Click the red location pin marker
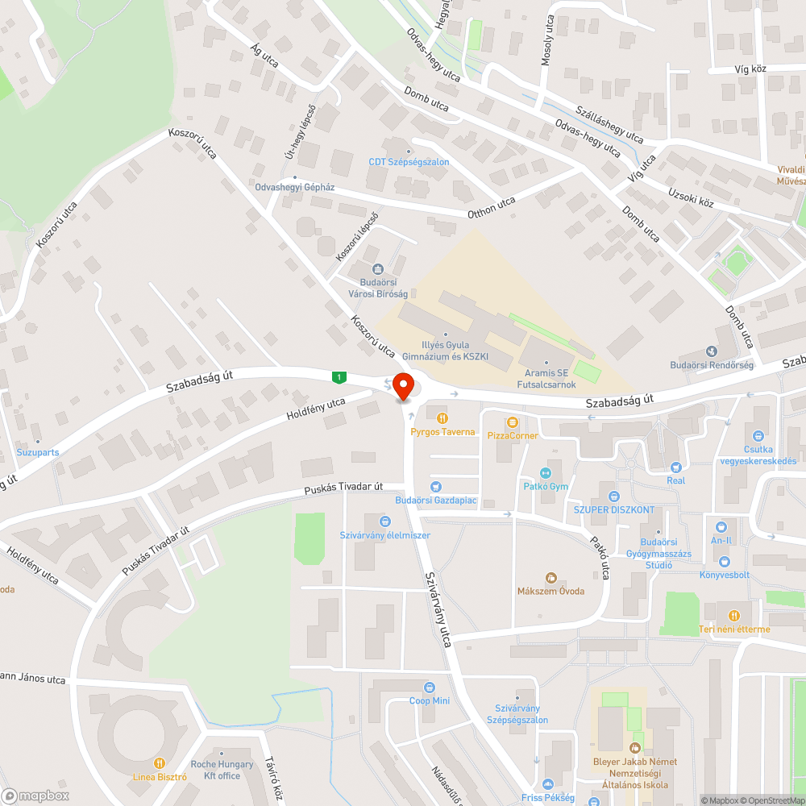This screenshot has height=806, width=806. (x=403, y=386)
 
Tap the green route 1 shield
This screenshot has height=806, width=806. (x=341, y=376)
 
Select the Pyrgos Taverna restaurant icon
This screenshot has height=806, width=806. (x=442, y=418)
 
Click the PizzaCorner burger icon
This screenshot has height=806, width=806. (x=512, y=422)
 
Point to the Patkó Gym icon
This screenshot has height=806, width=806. (x=546, y=473)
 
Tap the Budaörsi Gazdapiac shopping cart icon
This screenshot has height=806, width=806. (x=436, y=487)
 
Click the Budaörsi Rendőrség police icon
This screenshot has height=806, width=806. (x=711, y=351)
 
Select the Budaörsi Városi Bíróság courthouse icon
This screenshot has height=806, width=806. (x=376, y=269)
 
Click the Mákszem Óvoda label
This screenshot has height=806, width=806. (x=550, y=591)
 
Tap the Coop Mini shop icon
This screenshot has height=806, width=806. (x=429, y=688)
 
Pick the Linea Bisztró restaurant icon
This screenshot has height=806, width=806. (x=160, y=762)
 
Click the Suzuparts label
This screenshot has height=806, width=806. (x=38, y=452)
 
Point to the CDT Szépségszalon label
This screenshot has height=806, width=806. (x=409, y=162)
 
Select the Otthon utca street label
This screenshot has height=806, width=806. (x=491, y=207)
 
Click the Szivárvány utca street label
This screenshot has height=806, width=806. (x=437, y=609)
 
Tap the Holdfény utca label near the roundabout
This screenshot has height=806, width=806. (x=316, y=409)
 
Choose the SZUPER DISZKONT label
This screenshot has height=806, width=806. (x=614, y=510)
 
